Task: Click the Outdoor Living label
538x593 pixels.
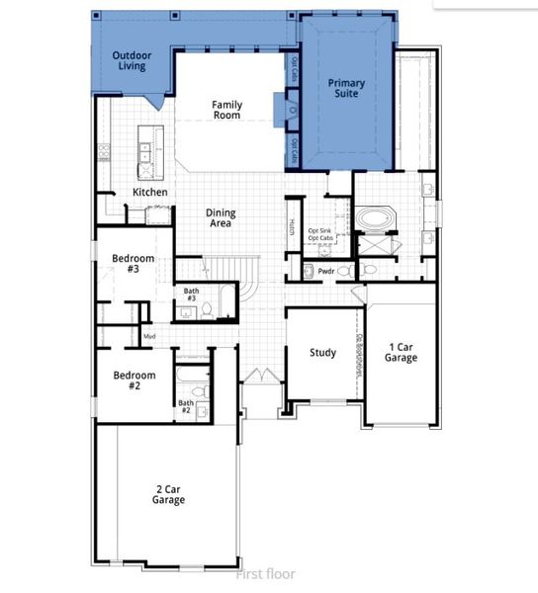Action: click(130, 60)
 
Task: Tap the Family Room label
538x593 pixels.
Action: click(226, 110)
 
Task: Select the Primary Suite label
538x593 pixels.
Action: click(346, 90)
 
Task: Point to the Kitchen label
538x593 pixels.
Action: click(150, 192)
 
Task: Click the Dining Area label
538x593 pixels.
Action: click(220, 218)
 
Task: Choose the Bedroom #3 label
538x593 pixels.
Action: click(132, 263)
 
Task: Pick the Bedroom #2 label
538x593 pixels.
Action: click(132, 381)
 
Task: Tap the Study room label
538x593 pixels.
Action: click(322, 353)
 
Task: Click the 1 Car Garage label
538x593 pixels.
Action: click(401, 353)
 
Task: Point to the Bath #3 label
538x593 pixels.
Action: click(192, 295)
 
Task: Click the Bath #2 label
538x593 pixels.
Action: click(185, 406)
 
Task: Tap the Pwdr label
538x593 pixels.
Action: click(326, 269)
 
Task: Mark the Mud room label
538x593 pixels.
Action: click(149, 337)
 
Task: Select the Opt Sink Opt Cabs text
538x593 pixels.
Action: click(320, 234)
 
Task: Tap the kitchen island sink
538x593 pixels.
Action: click(145, 151)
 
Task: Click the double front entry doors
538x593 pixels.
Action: click(259, 379)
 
